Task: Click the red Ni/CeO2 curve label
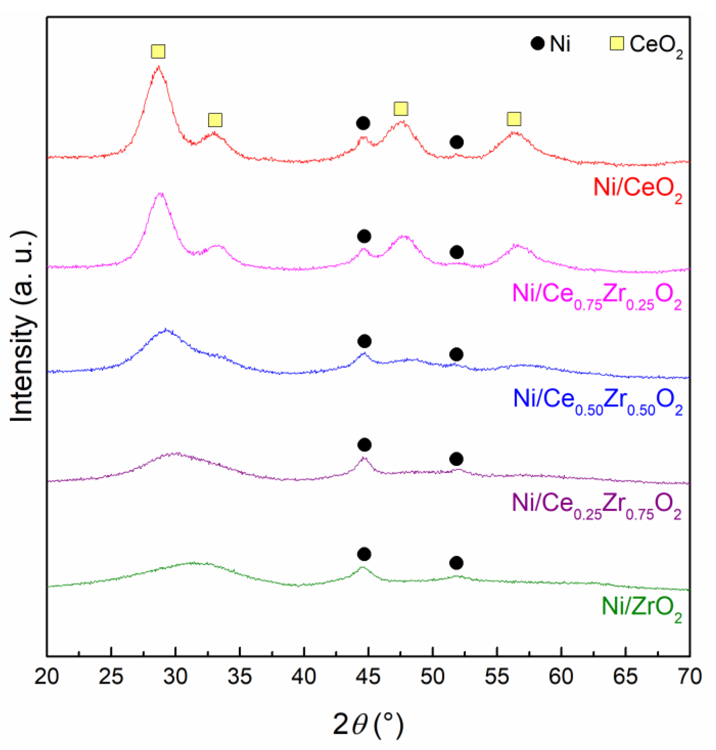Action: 637,190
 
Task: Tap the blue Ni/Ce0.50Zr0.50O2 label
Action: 597,401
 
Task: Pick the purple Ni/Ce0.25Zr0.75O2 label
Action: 596,505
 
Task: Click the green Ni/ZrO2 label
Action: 641,609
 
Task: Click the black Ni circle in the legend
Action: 537,44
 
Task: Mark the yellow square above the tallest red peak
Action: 158,51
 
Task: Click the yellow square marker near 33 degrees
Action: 215,120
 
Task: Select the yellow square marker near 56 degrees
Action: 514,119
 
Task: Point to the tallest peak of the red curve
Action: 158,67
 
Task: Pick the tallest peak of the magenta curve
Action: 161,194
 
